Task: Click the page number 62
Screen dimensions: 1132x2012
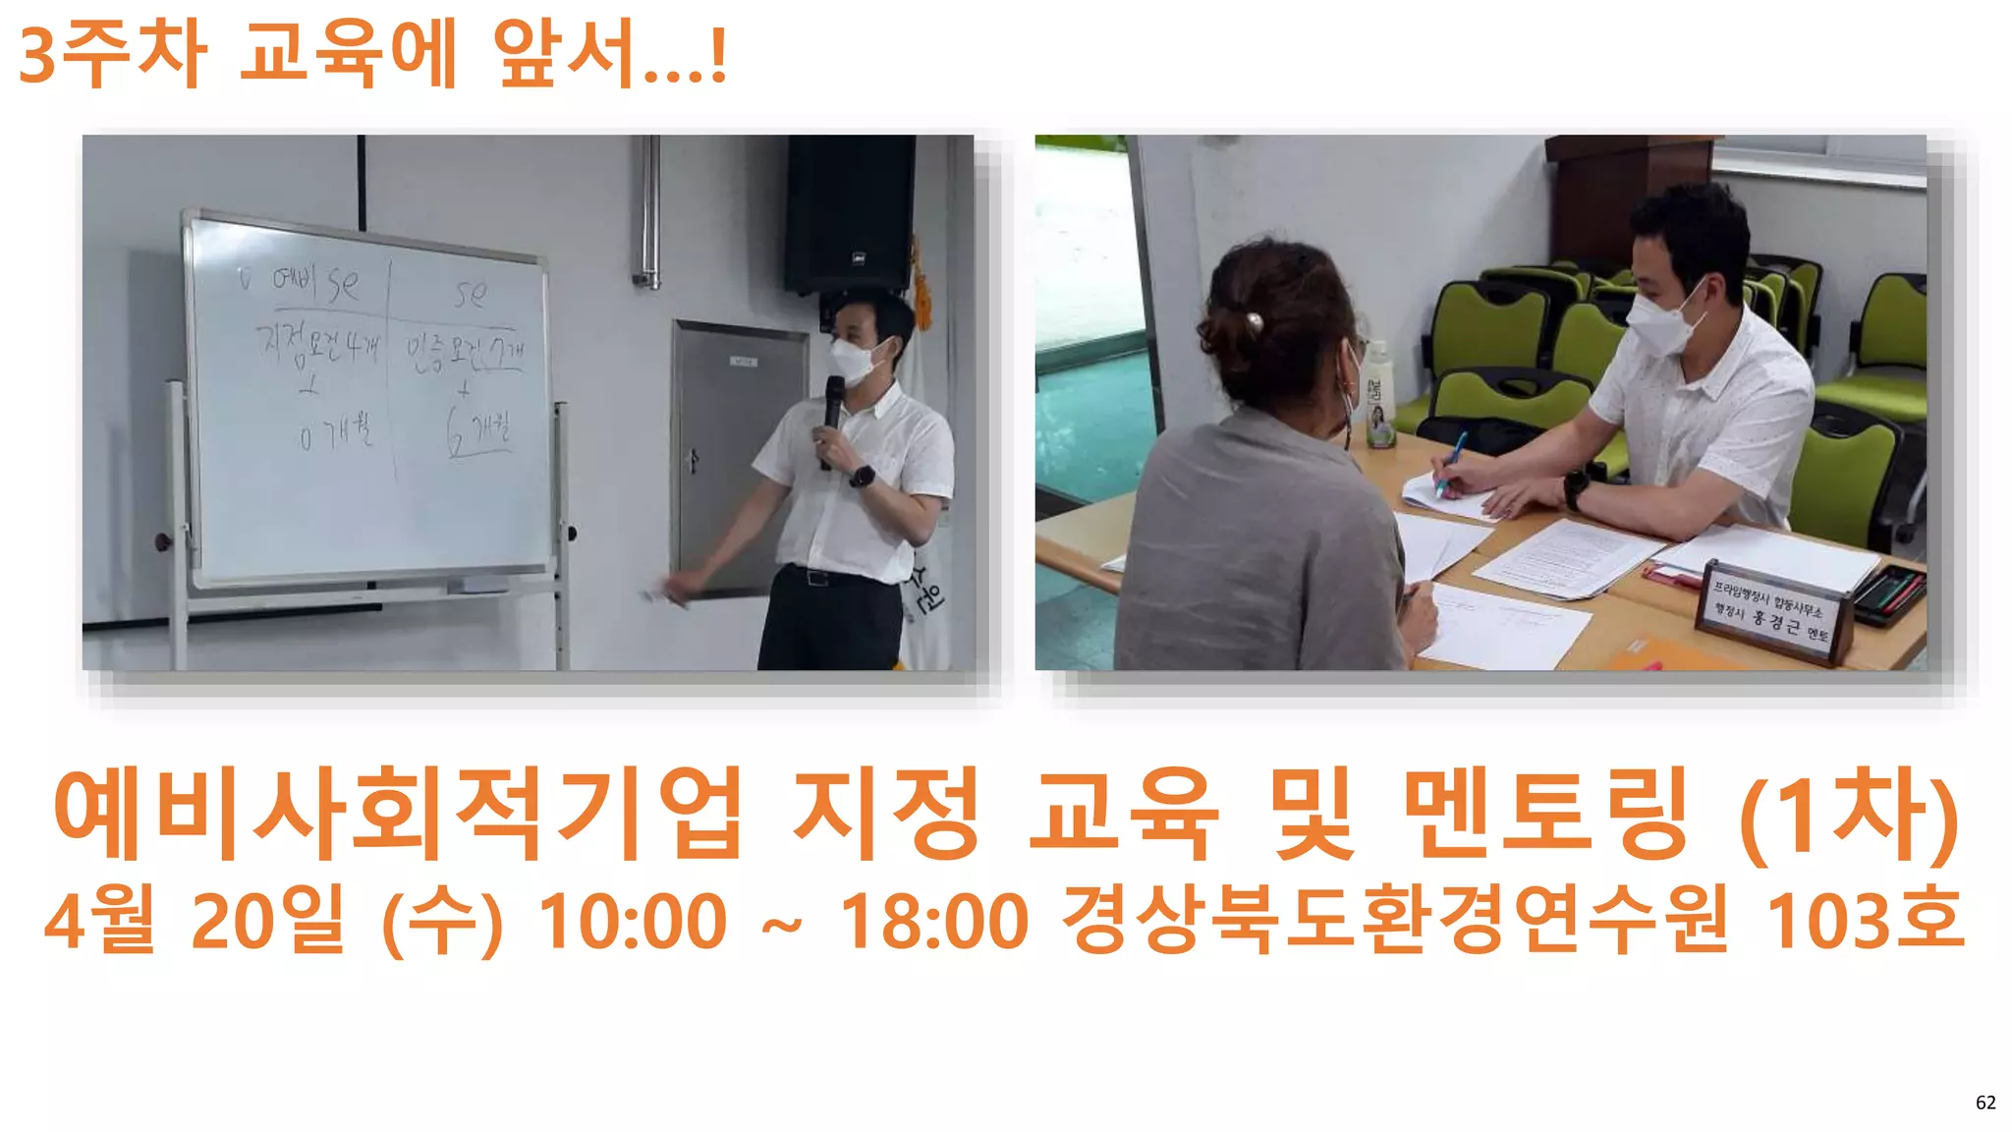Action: (x=1984, y=1103)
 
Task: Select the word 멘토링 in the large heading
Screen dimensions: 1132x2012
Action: (x=1546, y=814)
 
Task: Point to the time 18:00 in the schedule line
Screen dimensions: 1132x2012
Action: (x=933, y=922)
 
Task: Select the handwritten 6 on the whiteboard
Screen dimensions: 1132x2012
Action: (x=456, y=432)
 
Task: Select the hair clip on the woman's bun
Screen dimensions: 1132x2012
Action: (x=1253, y=320)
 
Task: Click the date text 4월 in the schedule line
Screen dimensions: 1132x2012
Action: (x=99, y=922)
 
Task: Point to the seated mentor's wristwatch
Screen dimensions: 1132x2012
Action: (x=1575, y=488)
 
